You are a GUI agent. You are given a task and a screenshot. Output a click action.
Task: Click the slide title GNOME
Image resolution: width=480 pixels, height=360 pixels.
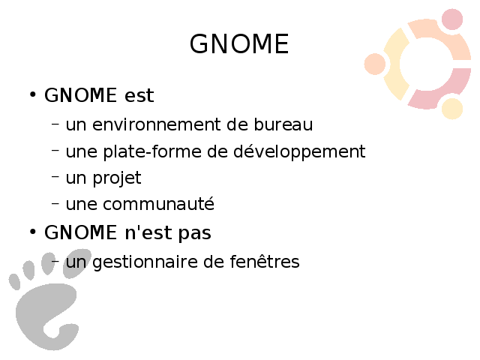click(x=239, y=43)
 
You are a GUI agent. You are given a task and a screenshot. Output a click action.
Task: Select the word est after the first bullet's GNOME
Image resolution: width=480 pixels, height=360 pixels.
click(x=139, y=95)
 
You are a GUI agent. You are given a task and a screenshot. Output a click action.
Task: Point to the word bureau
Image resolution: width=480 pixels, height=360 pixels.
click(x=283, y=124)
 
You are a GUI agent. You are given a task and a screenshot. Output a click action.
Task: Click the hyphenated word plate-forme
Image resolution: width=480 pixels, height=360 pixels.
click(x=152, y=151)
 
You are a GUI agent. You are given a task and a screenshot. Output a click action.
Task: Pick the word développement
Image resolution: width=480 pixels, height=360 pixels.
click(x=299, y=151)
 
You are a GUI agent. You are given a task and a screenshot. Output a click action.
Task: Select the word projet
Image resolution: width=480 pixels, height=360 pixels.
click(x=117, y=178)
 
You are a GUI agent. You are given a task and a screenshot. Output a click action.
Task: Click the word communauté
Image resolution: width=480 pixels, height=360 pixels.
click(x=158, y=204)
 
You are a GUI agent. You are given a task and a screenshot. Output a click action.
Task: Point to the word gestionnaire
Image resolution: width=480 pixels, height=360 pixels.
click(x=148, y=262)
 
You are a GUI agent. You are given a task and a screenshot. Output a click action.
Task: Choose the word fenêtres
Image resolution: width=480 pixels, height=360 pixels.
click(x=265, y=262)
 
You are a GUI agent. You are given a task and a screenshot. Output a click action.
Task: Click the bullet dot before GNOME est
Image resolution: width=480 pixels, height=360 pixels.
click(x=33, y=94)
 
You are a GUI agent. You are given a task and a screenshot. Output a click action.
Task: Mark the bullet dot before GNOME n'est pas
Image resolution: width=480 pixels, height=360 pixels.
click(x=33, y=232)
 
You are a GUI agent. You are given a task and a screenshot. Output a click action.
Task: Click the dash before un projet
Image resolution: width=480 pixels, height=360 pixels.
click(x=55, y=177)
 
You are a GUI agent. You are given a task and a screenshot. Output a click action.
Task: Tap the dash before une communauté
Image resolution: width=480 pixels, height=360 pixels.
click(x=55, y=203)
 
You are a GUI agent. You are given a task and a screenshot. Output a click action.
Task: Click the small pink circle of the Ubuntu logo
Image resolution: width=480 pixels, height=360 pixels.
click(x=452, y=19)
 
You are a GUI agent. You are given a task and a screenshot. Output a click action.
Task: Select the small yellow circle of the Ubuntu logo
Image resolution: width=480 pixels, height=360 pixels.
click(x=452, y=108)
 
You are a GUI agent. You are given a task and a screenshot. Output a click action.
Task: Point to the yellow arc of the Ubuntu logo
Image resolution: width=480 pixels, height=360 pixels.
click(x=393, y=64)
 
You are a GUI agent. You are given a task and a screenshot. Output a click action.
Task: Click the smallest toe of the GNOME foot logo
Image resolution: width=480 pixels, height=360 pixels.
click(x=14, y=282)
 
